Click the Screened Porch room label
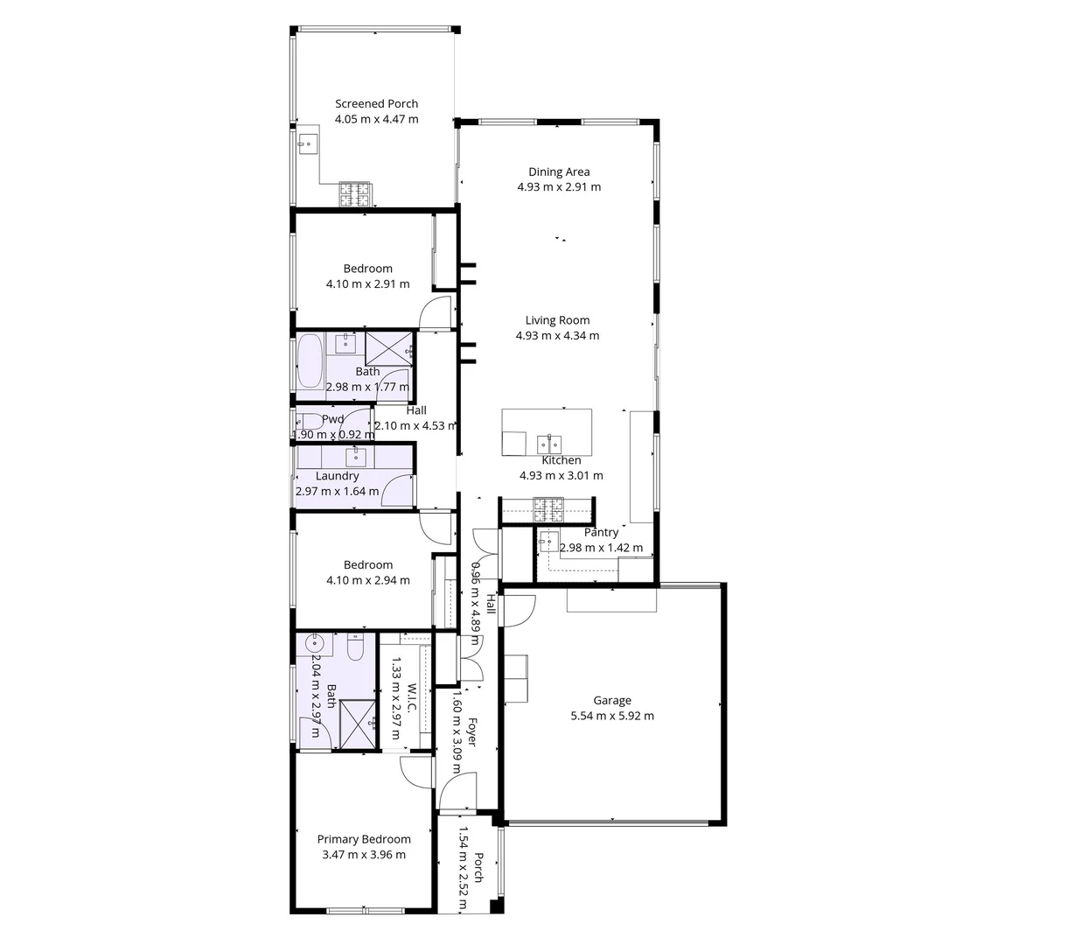(376, 104)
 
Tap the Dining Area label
(558, 172)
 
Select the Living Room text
(557, 320)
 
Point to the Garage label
(611, 701)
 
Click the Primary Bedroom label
(363, 840)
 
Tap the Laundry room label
(337, 476)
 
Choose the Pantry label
(601, 532)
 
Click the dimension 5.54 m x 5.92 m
(611, 716)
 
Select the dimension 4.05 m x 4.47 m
(376, 119)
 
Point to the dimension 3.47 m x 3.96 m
(363, 855)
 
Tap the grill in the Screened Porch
(356, 193)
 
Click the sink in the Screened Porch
(306, 144)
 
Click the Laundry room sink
(355, 456)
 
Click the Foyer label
(471, 731)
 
